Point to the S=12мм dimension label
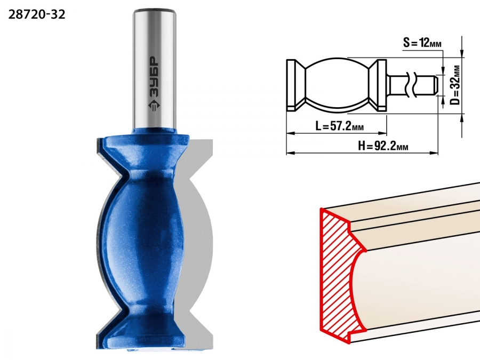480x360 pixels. tap(422, 43)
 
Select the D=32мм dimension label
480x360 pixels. tap(456, 85)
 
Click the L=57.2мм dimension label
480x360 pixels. tap(340, 126)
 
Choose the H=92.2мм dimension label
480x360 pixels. tap(383, 146)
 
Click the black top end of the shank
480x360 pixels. tap(155, 11)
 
